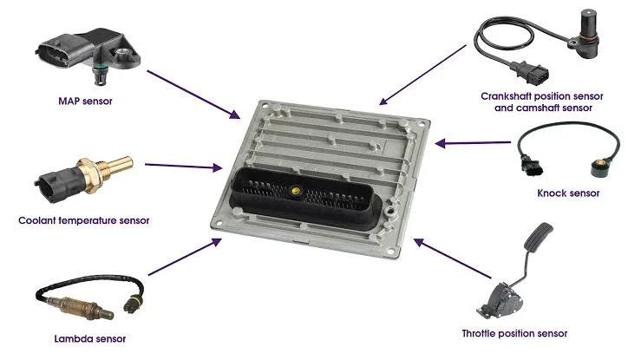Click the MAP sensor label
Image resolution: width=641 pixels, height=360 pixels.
click(x=85, y=101)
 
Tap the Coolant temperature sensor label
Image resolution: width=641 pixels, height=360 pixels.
click(x=84, y=220)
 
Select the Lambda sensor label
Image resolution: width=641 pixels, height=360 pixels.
click(x=90, y=339)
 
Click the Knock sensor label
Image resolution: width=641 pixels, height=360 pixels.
click(x=568, y=193)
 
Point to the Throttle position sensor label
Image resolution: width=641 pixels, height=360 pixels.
click(x=514, y=333)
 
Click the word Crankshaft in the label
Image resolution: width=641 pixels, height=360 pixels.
click(x=506, y=96)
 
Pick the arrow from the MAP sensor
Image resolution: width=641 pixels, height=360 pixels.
click(x=193, y=95)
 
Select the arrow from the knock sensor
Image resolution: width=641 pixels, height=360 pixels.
click(x=473, y=143)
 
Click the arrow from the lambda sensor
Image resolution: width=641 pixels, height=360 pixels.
click(x=185, y=257)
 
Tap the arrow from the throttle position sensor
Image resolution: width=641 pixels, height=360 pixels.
click(x=452, y=259)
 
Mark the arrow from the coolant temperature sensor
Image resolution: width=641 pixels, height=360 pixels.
click(x=184, y=166)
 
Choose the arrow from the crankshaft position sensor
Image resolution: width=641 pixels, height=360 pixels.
click(x=422, y=75)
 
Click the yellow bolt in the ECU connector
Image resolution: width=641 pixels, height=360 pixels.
click(x=295, y=190)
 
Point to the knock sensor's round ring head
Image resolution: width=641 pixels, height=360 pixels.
click(x=599, y=167)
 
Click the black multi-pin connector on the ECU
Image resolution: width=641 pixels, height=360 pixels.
click(x=305, y=198)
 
